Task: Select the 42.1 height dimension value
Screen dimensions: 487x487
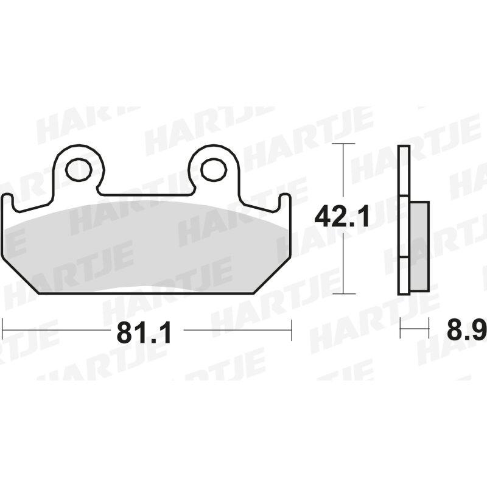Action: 342,217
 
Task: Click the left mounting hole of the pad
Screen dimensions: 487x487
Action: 79,170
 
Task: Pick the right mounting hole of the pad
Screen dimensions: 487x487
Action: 214,170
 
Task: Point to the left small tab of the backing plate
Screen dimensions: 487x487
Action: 8,201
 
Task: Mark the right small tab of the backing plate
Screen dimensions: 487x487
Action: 285,201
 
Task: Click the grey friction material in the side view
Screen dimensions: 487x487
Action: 419,247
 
